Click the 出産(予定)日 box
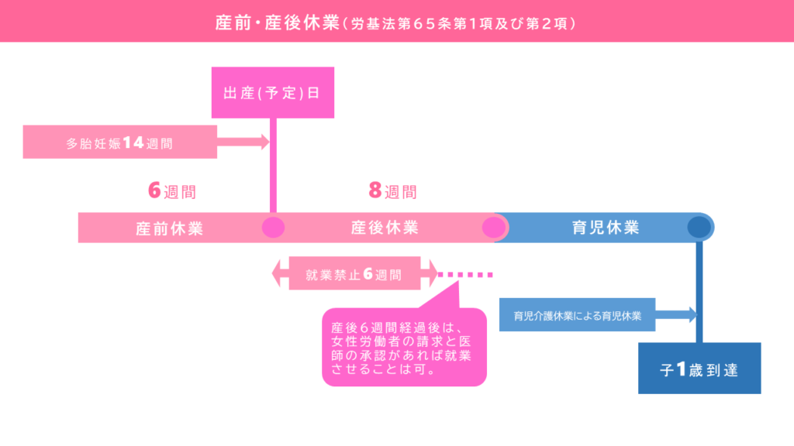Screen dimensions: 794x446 coord(272,93)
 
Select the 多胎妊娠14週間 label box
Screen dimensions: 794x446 coord(120,142)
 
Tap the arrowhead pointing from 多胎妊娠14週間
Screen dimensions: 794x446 coord(265,142)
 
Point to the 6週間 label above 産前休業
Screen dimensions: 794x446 coord(172,191)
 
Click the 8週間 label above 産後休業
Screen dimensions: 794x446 coord(393,191)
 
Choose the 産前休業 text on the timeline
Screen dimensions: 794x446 coord(170,228)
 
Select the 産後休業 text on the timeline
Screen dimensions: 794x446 coord(385,228)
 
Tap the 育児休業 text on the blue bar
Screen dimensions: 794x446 coord(606,228)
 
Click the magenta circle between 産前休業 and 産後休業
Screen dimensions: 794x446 coord(274,228)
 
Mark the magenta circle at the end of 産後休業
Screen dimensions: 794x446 coord(494,228)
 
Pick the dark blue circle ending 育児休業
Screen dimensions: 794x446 coord(699,227)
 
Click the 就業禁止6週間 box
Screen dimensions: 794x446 coord(354,273)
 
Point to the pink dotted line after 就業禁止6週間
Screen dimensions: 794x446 coord(465,275)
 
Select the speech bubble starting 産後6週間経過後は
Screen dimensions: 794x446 coord(404,348)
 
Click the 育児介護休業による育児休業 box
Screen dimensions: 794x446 coord(577,315)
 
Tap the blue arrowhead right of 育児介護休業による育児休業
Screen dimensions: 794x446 coord(692,314)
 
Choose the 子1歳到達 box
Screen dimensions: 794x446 coord(699,368)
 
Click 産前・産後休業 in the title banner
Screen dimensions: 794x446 coord(277,22)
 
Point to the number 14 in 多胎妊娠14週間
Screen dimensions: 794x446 coord(133,142)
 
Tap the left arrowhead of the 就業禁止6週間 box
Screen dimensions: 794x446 coord(277,273)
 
